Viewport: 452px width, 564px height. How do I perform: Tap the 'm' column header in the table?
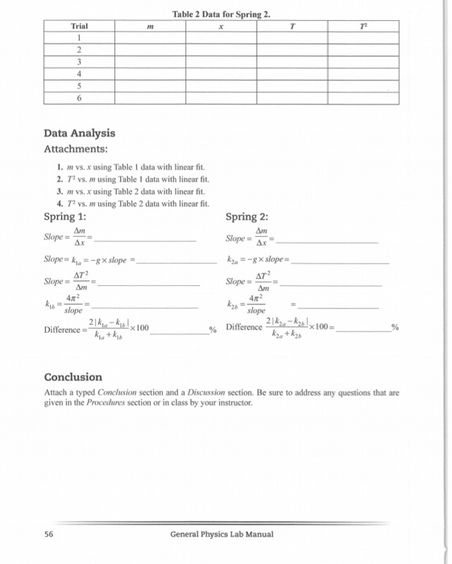coord(150,27)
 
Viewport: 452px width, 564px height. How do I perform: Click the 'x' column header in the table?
coord(221,27)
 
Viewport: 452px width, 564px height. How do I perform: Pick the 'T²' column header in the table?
coord(364,27)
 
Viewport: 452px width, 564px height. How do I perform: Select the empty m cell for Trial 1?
coord(150,37)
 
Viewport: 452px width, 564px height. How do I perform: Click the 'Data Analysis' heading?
coord(79,133)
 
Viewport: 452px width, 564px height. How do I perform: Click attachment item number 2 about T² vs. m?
coord(124,176)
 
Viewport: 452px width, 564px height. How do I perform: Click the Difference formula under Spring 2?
coord(298,330)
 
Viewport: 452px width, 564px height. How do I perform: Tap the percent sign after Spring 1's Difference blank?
coord(214,330)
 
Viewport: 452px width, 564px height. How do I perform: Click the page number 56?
coord(50,534)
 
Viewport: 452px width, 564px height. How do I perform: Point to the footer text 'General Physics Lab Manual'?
coord(222,534)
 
